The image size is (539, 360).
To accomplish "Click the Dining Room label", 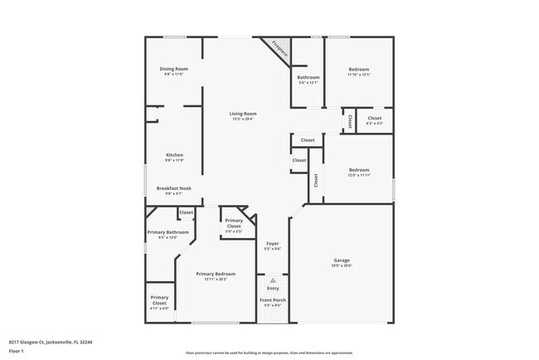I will (x=174, y=69).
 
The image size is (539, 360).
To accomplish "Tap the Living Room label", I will (x=243, y=114).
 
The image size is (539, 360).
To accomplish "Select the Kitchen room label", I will (x=174, y=155).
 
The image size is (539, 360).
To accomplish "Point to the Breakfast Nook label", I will (x=174, y=188).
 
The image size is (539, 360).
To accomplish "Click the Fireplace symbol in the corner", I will (x=279, y=50).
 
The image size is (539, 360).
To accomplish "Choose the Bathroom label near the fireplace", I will (x=308, y=77).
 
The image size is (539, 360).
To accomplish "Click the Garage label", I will (x=342, y=260).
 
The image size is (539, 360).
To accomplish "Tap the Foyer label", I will (x=272, y=243).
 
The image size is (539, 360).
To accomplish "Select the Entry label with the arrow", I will (x=273, y=288).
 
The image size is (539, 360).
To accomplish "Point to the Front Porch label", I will (x=272, y=299).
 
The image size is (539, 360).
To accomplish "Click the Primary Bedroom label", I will (x=216, y=274).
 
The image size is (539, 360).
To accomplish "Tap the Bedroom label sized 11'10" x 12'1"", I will (x=359, y=69).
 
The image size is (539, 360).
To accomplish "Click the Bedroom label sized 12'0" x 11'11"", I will (x=359, y=170).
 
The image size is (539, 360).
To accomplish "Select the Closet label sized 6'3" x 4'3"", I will (x=375, y=119).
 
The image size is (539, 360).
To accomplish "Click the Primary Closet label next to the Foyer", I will (x=234, y=223).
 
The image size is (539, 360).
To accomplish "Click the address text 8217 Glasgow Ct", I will (x=51, y=341).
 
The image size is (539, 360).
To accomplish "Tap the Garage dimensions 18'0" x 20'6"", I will (x=342, y=266).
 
